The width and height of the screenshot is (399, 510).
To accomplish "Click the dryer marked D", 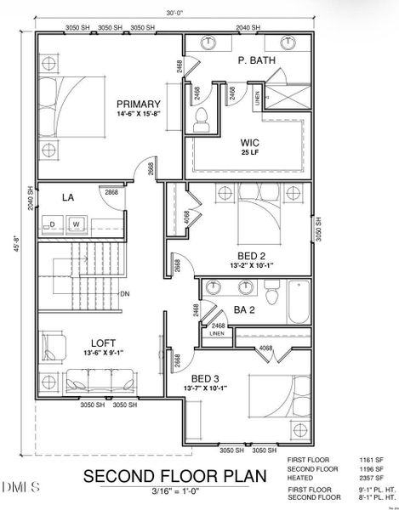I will click(52, 224).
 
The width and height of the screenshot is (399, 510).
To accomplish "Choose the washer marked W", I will click(76, 224).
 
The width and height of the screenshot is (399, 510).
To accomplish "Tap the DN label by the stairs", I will click(124, 294).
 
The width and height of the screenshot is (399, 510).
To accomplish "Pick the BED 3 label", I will click(207, 378).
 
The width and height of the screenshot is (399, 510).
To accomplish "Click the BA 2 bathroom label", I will click(245, 311).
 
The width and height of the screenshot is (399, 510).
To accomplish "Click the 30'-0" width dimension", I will click(175, 13).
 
